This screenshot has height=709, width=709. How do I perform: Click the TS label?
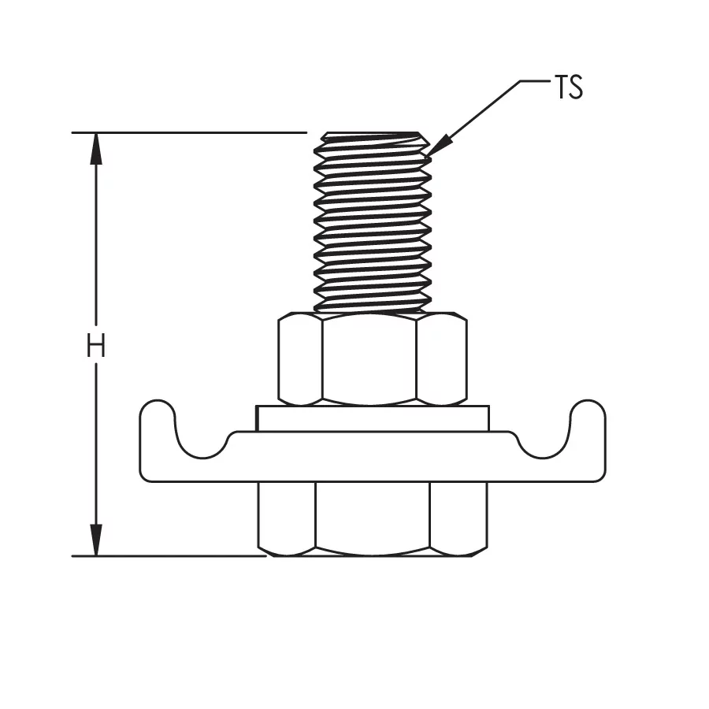point(568,87)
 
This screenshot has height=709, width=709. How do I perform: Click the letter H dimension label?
point(96,346)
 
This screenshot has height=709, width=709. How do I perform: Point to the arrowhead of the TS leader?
point(439,146)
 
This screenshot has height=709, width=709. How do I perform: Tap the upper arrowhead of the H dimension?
point(96,149)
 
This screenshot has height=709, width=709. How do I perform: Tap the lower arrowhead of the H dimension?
point(96,540)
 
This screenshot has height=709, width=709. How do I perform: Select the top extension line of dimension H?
point(189,133)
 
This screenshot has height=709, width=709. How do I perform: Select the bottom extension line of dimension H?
point(169,556)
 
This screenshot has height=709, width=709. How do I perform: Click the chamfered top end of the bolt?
point(373,138)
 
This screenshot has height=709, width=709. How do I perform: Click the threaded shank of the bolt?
point(373,222)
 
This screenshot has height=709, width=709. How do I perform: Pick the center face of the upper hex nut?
point(369,359)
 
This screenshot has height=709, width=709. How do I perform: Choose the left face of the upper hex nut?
point(300,359)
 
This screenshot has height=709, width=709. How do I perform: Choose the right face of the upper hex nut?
point(441,359)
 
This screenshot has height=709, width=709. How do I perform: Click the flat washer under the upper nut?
point(373,419)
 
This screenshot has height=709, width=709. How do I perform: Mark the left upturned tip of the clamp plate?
point(157,409)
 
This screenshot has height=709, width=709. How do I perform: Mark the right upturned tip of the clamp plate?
point(588,409)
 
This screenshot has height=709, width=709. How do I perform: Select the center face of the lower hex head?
point(373,518)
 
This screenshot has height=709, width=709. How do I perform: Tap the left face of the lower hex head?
point(287,518)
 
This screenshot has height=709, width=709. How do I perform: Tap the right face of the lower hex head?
point(458,518)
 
